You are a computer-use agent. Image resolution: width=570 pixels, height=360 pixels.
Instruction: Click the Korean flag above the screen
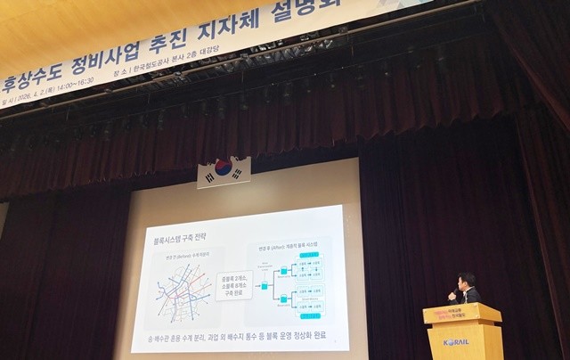click(x=224, y=171)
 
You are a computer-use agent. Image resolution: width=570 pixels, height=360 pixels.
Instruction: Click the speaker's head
click(x=465, y=281)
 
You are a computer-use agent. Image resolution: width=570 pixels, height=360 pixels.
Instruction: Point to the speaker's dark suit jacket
click(x=470, y=296)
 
